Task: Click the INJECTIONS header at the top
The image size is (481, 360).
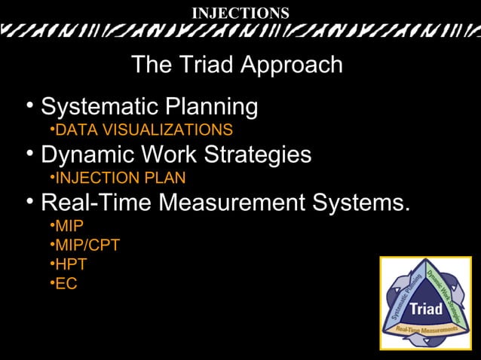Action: click(x=240, y=13)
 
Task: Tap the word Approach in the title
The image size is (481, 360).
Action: click(x=293, y=65)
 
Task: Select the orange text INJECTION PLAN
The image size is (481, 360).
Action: click(x=121, y=178)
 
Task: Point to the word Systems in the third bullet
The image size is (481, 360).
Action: click(x=361, y=203)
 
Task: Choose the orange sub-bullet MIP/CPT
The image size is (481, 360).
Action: click(x=87, y=245)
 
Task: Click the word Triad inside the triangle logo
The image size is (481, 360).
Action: click(x=426, y=310)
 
